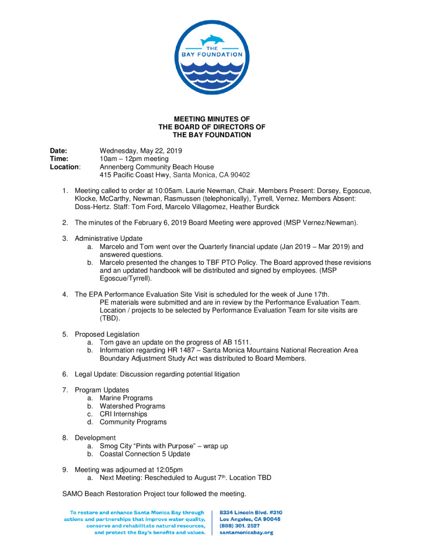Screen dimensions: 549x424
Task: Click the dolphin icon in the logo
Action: pyautogui.click(x=211, y=40)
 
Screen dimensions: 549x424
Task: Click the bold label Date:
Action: pyautogui.click(x=59, y=151)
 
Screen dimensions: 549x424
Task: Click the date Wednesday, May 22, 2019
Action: pyautogui.click(x=142, y=151)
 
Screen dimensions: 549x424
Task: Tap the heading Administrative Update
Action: pyautogui.click(x=109, y=238)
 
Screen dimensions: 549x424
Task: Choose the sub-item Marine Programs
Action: pyautogui.click(x=126, y=398)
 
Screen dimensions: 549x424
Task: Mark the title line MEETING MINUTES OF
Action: pyautogui.click(x=212, y=119)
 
